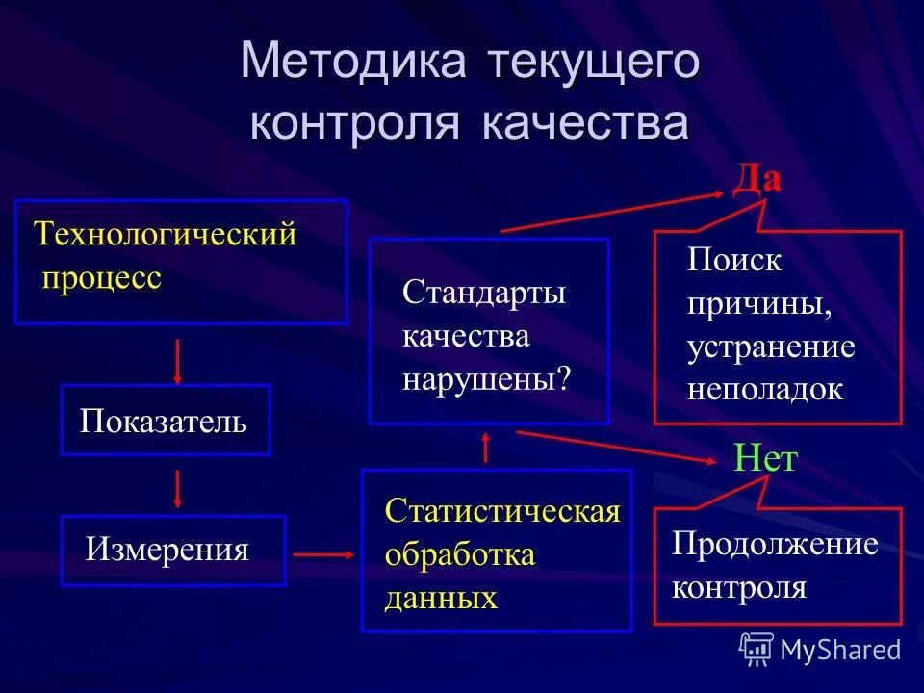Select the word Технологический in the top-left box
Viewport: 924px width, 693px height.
[x=165, y=235]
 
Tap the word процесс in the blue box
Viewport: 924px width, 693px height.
[x=100, y=277]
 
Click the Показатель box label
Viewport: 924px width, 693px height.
[x=164, y=421]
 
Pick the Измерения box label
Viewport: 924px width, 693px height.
[x=167, y=551]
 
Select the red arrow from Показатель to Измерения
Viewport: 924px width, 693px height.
[x=177, y=488]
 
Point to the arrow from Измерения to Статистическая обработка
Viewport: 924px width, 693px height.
[x=323, y=554]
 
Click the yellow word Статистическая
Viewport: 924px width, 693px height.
[x=502, y=511]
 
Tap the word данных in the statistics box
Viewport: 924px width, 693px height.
[x=441, y=599]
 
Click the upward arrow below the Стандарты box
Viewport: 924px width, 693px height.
[x=485, y=448]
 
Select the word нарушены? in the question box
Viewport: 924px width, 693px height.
[x=486, y=378]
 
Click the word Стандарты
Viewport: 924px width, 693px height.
[x=484, y=293]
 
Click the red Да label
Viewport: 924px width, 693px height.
[x=757, y=180]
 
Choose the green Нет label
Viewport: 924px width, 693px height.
[x=765, y=459]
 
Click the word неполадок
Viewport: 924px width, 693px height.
[x=765, y=390]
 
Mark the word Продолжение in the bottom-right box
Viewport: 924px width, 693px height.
[x=775, y=545]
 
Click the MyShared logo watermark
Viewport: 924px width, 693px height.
[x=820, y=650]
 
